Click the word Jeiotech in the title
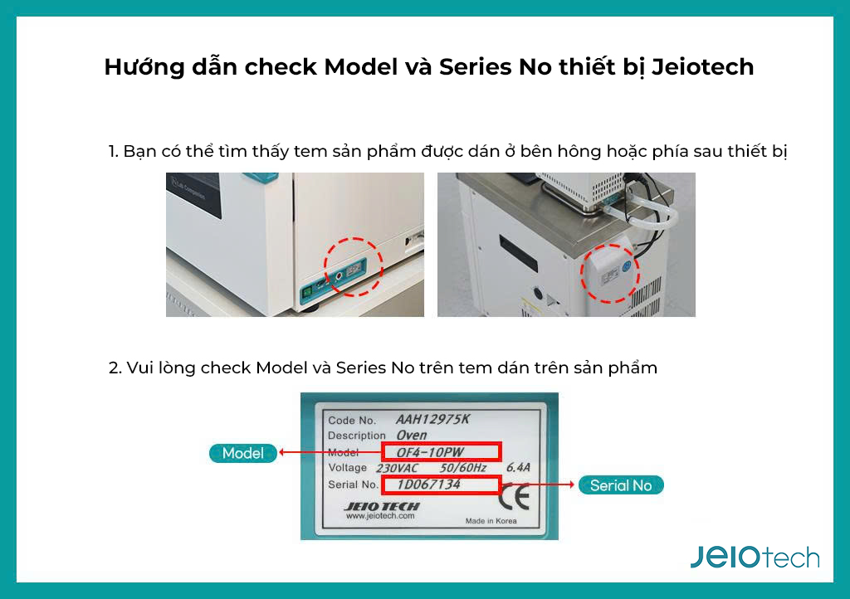[x=702, y=67]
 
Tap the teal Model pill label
[x=243, y=453]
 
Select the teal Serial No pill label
[x=621, y=485]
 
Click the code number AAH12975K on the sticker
[x=432, y=419]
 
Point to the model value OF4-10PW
[x=431, y=452]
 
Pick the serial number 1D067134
[x=428, y=485]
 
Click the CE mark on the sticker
[x=514, y=497]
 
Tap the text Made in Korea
[x=491, y=521]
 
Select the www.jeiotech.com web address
[x=380, y=516]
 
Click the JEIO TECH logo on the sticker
[x=382, y=506]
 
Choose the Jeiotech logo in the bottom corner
[x=755, y=558]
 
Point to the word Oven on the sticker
[x=412, y=436]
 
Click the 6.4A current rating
[x=518, y=467]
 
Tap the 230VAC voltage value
[x=398, y=468]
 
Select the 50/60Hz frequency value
[x=463, y=468]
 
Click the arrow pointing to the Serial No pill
[x=537, y=485]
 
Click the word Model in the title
[x=361, y=67]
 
